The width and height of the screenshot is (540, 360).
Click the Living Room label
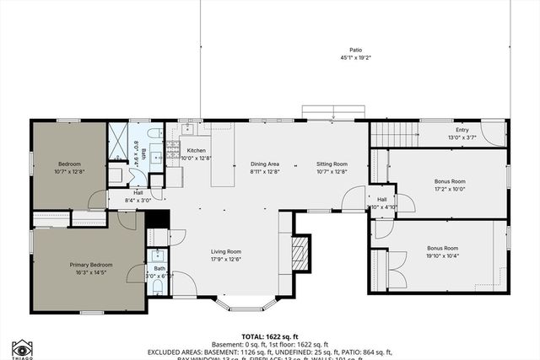click(x=226, y=250)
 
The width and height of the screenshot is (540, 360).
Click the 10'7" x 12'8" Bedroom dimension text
click(x=69, y=171)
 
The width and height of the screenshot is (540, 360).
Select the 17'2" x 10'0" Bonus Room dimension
click(x=450, y=189)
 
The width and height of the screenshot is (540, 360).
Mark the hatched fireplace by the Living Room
click(x=300, y=250)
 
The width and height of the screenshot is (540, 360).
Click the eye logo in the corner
click(x=22, y=347)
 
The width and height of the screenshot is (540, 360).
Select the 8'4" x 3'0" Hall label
click(x=138, y=196)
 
